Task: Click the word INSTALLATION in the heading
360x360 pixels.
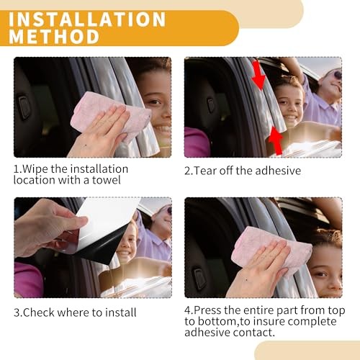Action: point(87,19)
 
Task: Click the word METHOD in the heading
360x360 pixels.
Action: point(54,37)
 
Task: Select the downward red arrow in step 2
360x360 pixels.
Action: point(258,75)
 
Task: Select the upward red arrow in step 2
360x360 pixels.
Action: point(276,141)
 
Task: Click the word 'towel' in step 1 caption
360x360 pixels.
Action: point(107,180)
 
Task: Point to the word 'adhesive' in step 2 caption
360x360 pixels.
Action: point(278,171)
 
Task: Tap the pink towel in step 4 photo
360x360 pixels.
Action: point(272,253)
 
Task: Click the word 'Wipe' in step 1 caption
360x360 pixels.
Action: point(35,169)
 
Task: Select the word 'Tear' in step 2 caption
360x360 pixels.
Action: point(204,171)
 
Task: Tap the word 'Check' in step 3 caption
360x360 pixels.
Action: point(39,312)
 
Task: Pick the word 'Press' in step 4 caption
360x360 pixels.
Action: point(207,310)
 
